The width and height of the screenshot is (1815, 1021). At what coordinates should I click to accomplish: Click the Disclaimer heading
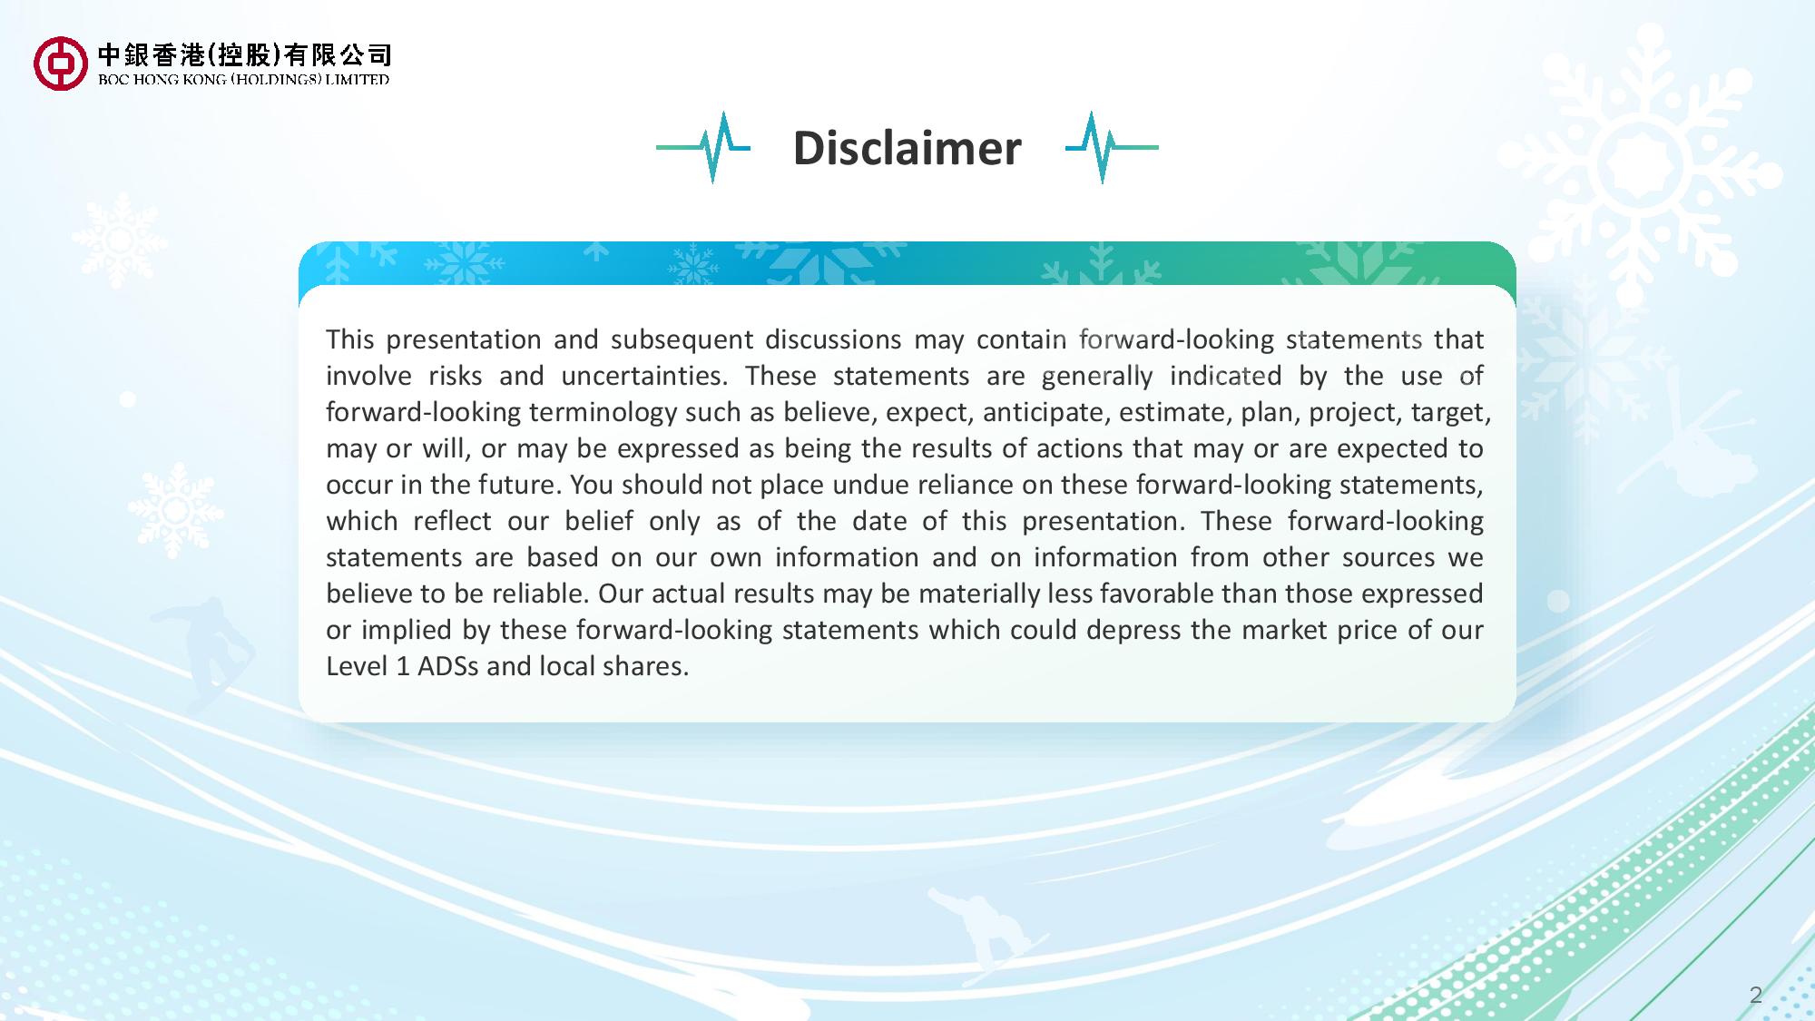(907, 148)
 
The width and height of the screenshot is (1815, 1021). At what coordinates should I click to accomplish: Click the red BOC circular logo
(61, 64)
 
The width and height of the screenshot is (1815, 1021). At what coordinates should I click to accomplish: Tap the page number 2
(1755, 995)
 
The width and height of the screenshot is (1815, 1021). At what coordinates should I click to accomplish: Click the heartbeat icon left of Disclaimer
(703, 147)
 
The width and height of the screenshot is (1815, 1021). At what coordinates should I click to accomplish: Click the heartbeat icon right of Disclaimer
(1112, 147)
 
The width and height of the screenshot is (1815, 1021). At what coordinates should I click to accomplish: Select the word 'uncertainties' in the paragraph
(644, 376)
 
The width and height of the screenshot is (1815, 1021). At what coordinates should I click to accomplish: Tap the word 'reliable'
(540, 594)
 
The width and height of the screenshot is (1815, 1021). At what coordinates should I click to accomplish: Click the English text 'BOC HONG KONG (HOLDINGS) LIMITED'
(243, 79)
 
